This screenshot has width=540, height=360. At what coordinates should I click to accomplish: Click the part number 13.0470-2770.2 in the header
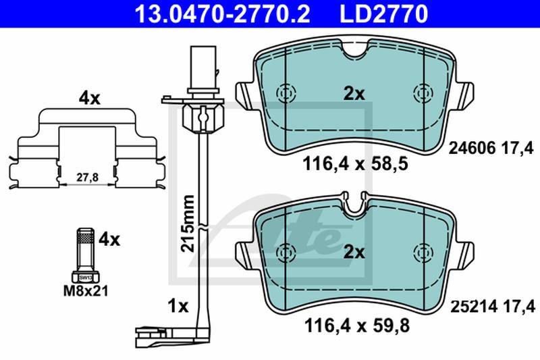(223, 14)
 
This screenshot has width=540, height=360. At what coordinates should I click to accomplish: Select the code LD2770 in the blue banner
(384, 14)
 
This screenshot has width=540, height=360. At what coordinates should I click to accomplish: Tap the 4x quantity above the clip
(89, 99)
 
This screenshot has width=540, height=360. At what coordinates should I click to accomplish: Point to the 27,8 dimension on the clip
(88, 178)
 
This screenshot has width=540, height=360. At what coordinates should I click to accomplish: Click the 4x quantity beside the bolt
(109, 239)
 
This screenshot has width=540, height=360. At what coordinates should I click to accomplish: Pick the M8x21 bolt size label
(86, 291)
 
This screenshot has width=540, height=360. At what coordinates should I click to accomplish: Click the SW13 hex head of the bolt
(86, 278)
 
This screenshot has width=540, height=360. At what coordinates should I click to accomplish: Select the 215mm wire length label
(188, 224)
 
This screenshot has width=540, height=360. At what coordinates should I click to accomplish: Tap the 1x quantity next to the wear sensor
(178, 306)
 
